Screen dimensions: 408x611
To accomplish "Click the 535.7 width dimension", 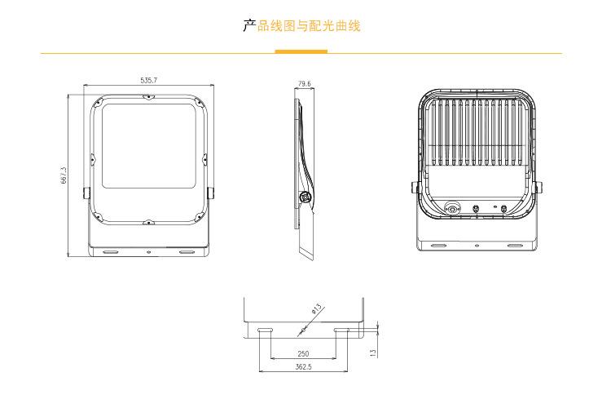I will (149, 80).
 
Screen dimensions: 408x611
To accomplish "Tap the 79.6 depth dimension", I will (304, 83).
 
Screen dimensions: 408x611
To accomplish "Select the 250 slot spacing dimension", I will (303, 354).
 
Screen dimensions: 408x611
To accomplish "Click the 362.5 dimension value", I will (303, 368).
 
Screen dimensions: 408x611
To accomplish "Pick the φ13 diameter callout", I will (316, 310).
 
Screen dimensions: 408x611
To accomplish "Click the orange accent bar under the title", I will (301, 51).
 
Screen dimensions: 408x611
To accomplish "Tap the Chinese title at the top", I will (301, 26).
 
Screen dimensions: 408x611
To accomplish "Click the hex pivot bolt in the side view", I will (305, 196).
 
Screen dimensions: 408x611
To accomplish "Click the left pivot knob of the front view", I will (86, 193).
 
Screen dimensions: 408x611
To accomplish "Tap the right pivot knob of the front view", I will (212, 193).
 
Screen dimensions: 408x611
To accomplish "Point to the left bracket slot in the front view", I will (110, 251).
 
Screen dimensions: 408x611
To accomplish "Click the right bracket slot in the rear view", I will (515, 244).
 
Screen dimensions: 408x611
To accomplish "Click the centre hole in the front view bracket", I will (148, 251).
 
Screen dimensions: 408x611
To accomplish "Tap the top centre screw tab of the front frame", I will (148, 98).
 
